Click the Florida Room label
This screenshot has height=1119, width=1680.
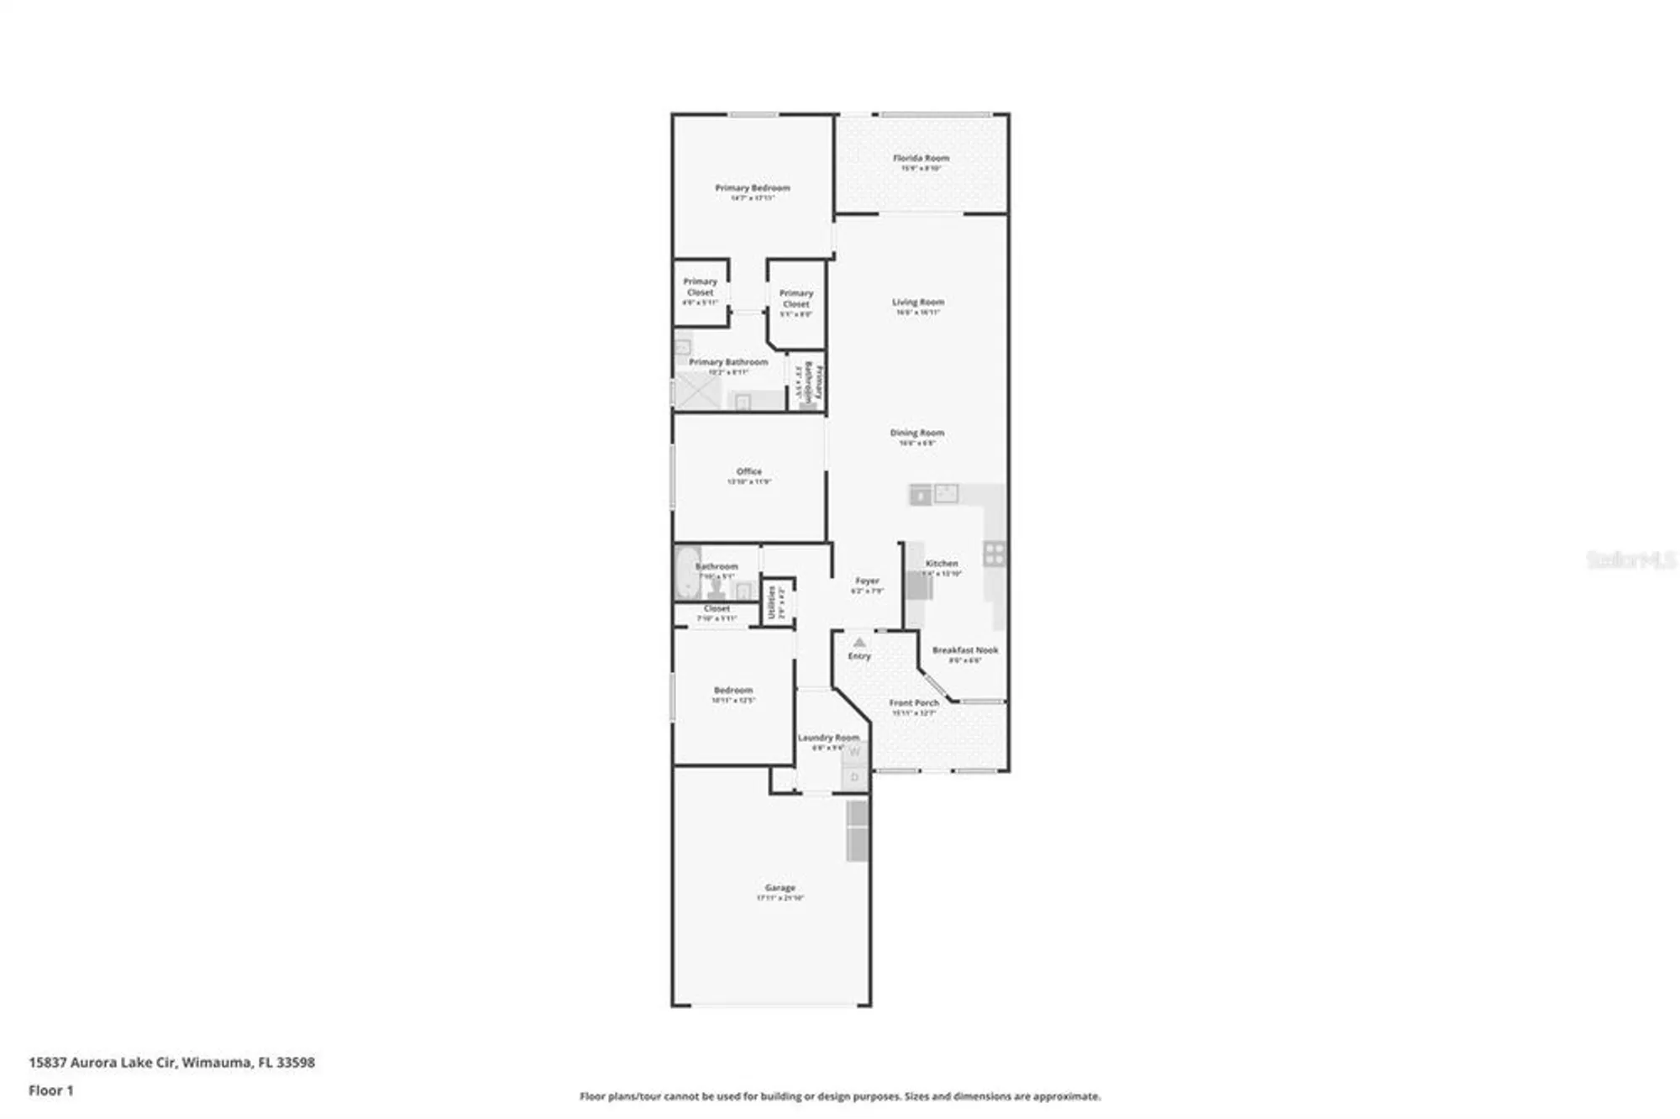[x=921, y=158]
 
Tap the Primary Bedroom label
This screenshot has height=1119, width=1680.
[x=752, y=188]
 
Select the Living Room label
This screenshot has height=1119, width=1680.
[x=917, y=302]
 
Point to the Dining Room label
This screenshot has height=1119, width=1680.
[x=916, y=433]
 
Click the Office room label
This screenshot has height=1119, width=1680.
[x=748, y=471]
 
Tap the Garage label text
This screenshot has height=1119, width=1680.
[x=780, y=887]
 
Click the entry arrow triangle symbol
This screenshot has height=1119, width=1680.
[x=858, y=642]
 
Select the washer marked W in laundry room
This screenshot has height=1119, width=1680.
[x=855, y=753]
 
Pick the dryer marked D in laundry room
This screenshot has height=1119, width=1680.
[x=855, y=777]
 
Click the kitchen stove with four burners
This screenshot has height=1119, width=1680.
[x=995, y=554]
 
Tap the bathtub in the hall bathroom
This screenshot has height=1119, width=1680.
[x=687, y=573]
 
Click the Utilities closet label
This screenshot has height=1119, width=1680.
[x=772, y=602]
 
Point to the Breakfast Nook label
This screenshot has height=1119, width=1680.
[x=964, y=650]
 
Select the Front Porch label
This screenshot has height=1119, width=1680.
[x=914, y=702]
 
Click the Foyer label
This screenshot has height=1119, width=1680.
[x=867, y=581]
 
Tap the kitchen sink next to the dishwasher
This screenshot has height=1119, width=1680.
[x=947, y=493]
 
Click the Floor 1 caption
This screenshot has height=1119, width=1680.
[x=50, y=1090]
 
